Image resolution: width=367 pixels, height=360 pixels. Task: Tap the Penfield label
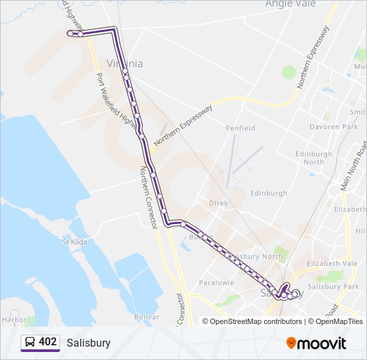point(240,128)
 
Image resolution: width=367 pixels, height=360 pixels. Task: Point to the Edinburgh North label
point(313,157)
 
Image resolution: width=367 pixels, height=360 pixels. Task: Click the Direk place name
point(218,203)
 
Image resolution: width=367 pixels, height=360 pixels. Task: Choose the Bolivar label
point(146,317)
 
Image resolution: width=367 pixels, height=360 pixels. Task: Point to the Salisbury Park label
point(335,287)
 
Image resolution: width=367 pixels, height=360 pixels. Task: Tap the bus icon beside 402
point(30,343)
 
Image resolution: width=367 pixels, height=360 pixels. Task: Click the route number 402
point(47,342)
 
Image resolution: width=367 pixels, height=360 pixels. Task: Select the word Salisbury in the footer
point(88,343)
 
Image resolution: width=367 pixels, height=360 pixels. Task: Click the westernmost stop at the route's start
point(69,32)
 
